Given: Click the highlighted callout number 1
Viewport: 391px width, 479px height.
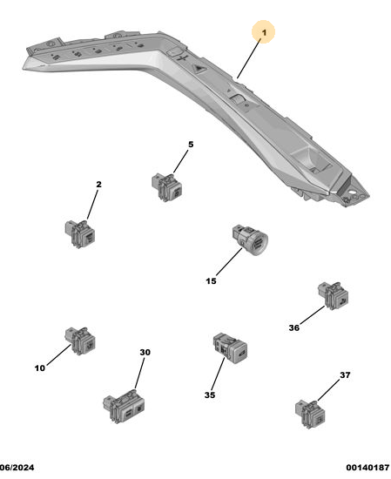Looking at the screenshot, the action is [264, 32].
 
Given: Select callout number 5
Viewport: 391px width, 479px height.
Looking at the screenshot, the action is [191, 145].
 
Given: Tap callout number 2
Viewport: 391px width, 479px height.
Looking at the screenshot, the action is [98, 185].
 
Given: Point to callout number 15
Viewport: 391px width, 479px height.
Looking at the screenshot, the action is [211, 281].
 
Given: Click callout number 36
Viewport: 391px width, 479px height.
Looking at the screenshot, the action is [293, 327].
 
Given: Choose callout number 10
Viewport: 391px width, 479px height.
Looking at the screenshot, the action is [40, 368].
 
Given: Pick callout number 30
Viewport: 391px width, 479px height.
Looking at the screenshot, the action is [145, 352].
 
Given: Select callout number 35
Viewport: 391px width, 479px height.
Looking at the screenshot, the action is [210, 395].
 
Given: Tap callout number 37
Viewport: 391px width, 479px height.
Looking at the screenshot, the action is [345, 374].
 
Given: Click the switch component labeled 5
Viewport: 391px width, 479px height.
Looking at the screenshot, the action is [166, 187].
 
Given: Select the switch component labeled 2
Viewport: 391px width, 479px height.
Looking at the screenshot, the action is [80, 233].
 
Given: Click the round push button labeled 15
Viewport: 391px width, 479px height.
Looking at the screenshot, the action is [250, 240].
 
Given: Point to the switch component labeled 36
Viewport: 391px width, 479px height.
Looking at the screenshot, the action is [333, 296].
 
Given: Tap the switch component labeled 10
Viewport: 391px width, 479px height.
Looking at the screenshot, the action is [80, 341].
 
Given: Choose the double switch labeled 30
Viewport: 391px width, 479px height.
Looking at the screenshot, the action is [124, 406].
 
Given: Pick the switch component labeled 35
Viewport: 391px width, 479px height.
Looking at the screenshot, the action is [230, 348].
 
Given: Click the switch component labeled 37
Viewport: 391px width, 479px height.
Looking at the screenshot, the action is [310, 415].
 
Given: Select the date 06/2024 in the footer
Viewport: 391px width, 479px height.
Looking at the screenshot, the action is [17, 468].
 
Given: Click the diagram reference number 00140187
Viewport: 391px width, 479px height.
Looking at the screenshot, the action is [367, 468].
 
